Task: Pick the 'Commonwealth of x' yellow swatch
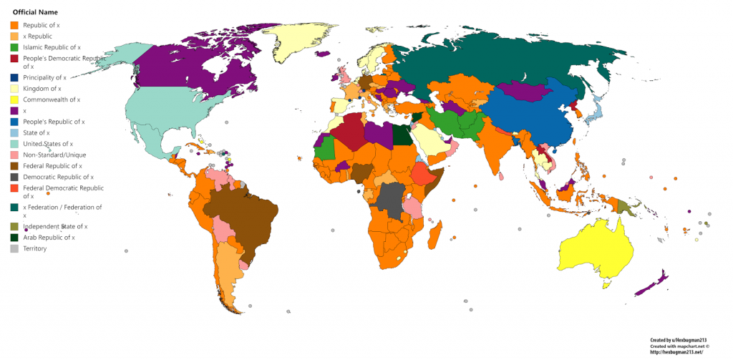[14, 99]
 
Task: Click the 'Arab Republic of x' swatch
[14, 237]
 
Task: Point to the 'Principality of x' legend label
[45, 77]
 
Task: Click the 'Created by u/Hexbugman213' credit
[677, 341]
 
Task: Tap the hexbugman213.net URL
[677, 352]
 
